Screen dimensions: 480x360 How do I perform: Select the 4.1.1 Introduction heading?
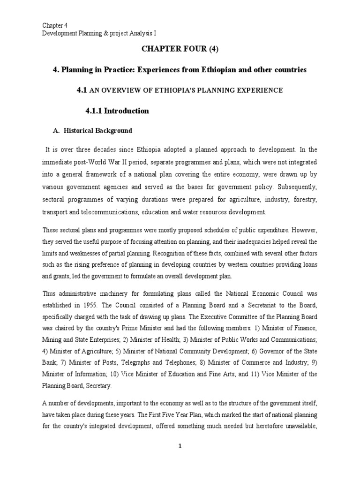pos(117,111)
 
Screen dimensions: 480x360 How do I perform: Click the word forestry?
pos(304,199)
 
